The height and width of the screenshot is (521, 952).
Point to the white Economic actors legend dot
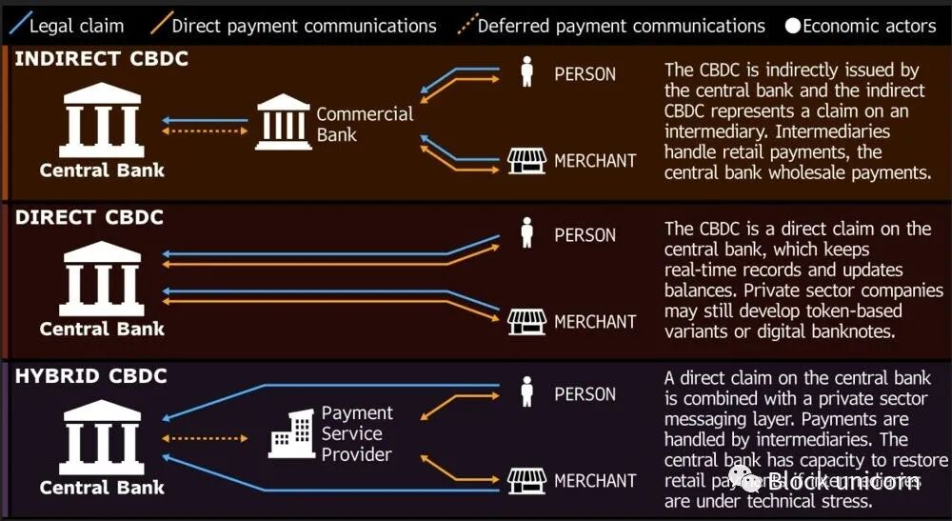pos(792,26)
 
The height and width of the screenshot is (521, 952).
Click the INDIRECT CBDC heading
pos(102,59)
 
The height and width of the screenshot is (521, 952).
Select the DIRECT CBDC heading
pos(89,217)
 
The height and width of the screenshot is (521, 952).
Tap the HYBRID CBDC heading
pos(91,376)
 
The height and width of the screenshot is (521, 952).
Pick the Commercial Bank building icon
pos(283,122)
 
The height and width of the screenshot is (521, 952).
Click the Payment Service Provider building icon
pos(293,434)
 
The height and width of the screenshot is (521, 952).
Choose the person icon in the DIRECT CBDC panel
pos(526,231)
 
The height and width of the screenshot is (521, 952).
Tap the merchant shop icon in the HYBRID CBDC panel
pos(526,480)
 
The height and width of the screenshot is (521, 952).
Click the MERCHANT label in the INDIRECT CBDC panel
pos(595,161)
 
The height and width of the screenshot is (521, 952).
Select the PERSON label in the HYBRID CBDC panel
pos(585,394)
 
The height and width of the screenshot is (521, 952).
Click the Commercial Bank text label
pos(365,124)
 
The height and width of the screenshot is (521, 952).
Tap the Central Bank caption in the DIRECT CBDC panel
pos(102,329)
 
